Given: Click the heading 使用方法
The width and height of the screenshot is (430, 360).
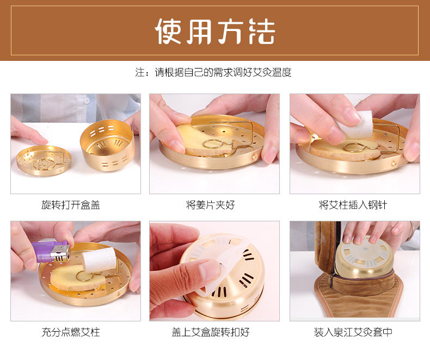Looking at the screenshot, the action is click(x=214, y=31).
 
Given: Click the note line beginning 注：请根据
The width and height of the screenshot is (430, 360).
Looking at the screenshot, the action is click(x=213, y=72).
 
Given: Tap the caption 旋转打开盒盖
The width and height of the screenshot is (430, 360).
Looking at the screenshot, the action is click(x=71, y=204).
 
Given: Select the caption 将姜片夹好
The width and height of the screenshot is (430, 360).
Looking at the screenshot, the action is click(x=210, y=204).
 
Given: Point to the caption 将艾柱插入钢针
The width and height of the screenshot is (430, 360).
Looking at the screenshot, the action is click(x=353, y=204).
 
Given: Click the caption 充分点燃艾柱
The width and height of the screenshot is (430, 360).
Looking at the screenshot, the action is click(x=71, y=332).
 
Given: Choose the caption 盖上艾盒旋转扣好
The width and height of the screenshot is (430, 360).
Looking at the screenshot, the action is click(x=211, y=332).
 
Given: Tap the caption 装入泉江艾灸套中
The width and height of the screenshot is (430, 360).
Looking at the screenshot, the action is click(x=353, y=332).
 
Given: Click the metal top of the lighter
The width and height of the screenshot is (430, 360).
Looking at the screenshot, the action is click(x=61, y=253).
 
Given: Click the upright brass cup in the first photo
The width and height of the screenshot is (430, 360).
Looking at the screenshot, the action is click(x=108, y=145).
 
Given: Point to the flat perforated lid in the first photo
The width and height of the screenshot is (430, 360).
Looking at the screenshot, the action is click(x=44, y=160).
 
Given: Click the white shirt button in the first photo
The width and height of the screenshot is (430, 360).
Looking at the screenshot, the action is click(x=87, y=101).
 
